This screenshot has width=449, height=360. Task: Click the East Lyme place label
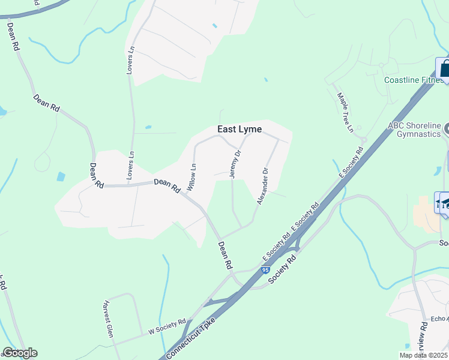[239, 130]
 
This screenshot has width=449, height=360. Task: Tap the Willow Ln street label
[191, 178]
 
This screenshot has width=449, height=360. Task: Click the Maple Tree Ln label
[345, 112]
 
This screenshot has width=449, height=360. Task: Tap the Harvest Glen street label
[108, 319]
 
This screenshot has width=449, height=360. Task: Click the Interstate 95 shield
[265, 271]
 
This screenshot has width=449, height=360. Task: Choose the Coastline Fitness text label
[414, 80]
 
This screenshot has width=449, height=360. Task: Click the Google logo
[20, 353]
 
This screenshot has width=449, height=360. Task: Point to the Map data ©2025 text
[423, 355]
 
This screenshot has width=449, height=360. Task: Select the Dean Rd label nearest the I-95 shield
[225, 254]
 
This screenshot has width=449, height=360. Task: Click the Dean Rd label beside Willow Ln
[167, 185]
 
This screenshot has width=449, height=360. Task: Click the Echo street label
[439, 319]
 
